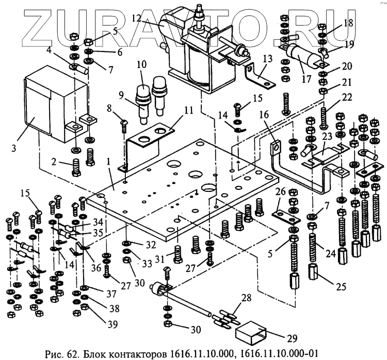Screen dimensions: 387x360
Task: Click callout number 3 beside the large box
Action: [x=14, y=149]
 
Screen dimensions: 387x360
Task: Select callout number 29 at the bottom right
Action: [x=292, y=338]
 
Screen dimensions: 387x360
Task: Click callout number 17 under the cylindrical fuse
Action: [x=306, y=79]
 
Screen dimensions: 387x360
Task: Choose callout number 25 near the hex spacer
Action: [x=341, y=286]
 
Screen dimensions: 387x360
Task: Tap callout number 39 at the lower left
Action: [x=113, y=325]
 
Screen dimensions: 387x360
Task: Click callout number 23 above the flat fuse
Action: [x=327, y=137]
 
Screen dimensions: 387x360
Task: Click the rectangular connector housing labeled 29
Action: [x=250, y=333]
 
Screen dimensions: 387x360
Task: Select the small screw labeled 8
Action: [x=124, y=125]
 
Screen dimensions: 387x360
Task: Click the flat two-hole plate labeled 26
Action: [x=286, y=217]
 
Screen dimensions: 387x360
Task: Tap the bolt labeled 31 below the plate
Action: [x=178, y=254]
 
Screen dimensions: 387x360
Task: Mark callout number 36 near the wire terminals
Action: [x=96, y=267]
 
